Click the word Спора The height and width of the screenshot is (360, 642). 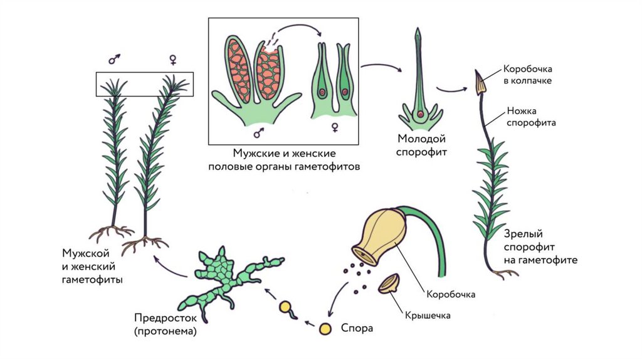357,327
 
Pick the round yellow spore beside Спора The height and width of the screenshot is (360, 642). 325,328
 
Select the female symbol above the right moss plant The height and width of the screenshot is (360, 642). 172,60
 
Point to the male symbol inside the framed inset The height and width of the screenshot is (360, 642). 258,133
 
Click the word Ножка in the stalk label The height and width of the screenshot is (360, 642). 522,111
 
